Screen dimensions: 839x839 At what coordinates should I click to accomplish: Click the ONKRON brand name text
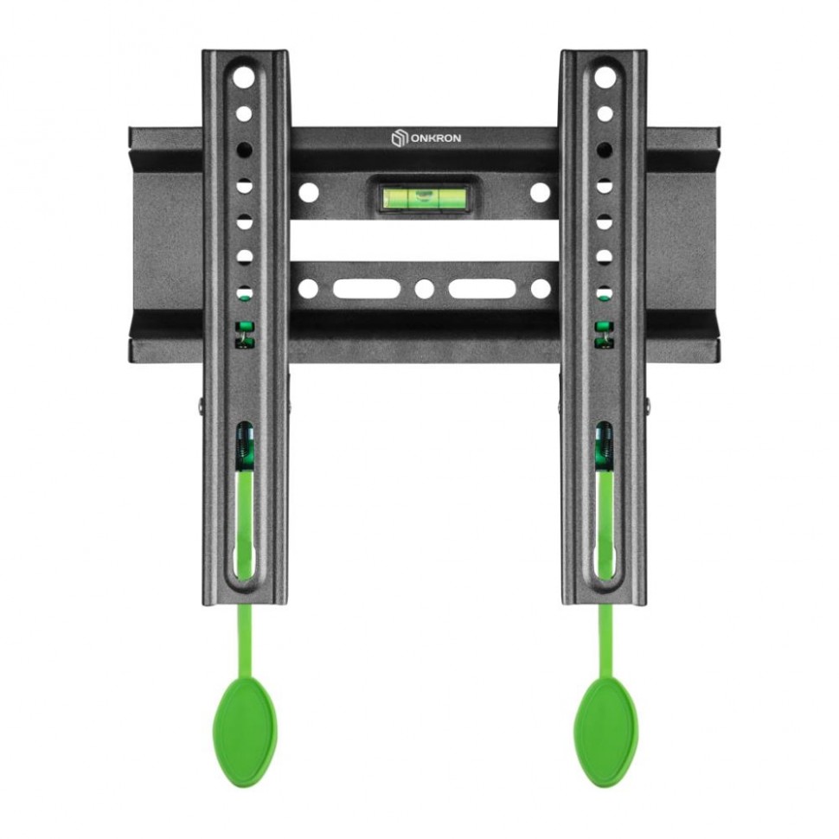point(436,138)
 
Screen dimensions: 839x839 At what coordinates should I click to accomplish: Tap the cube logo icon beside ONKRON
point(399,138)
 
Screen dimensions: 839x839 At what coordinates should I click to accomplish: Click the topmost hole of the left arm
point(244,78)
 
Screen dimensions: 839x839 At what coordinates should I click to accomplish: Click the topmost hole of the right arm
point(605,78)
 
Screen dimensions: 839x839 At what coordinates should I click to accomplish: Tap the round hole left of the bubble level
point(309,192)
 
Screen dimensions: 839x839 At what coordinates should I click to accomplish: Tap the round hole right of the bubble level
point(541,192)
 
